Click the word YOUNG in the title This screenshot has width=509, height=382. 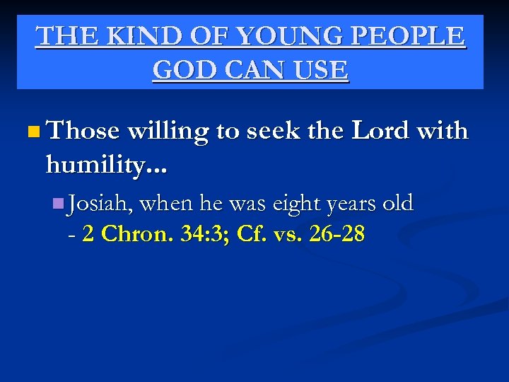[276, 36]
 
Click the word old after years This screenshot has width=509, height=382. [397, 204]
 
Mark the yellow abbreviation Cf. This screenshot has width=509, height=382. [249, 234]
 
